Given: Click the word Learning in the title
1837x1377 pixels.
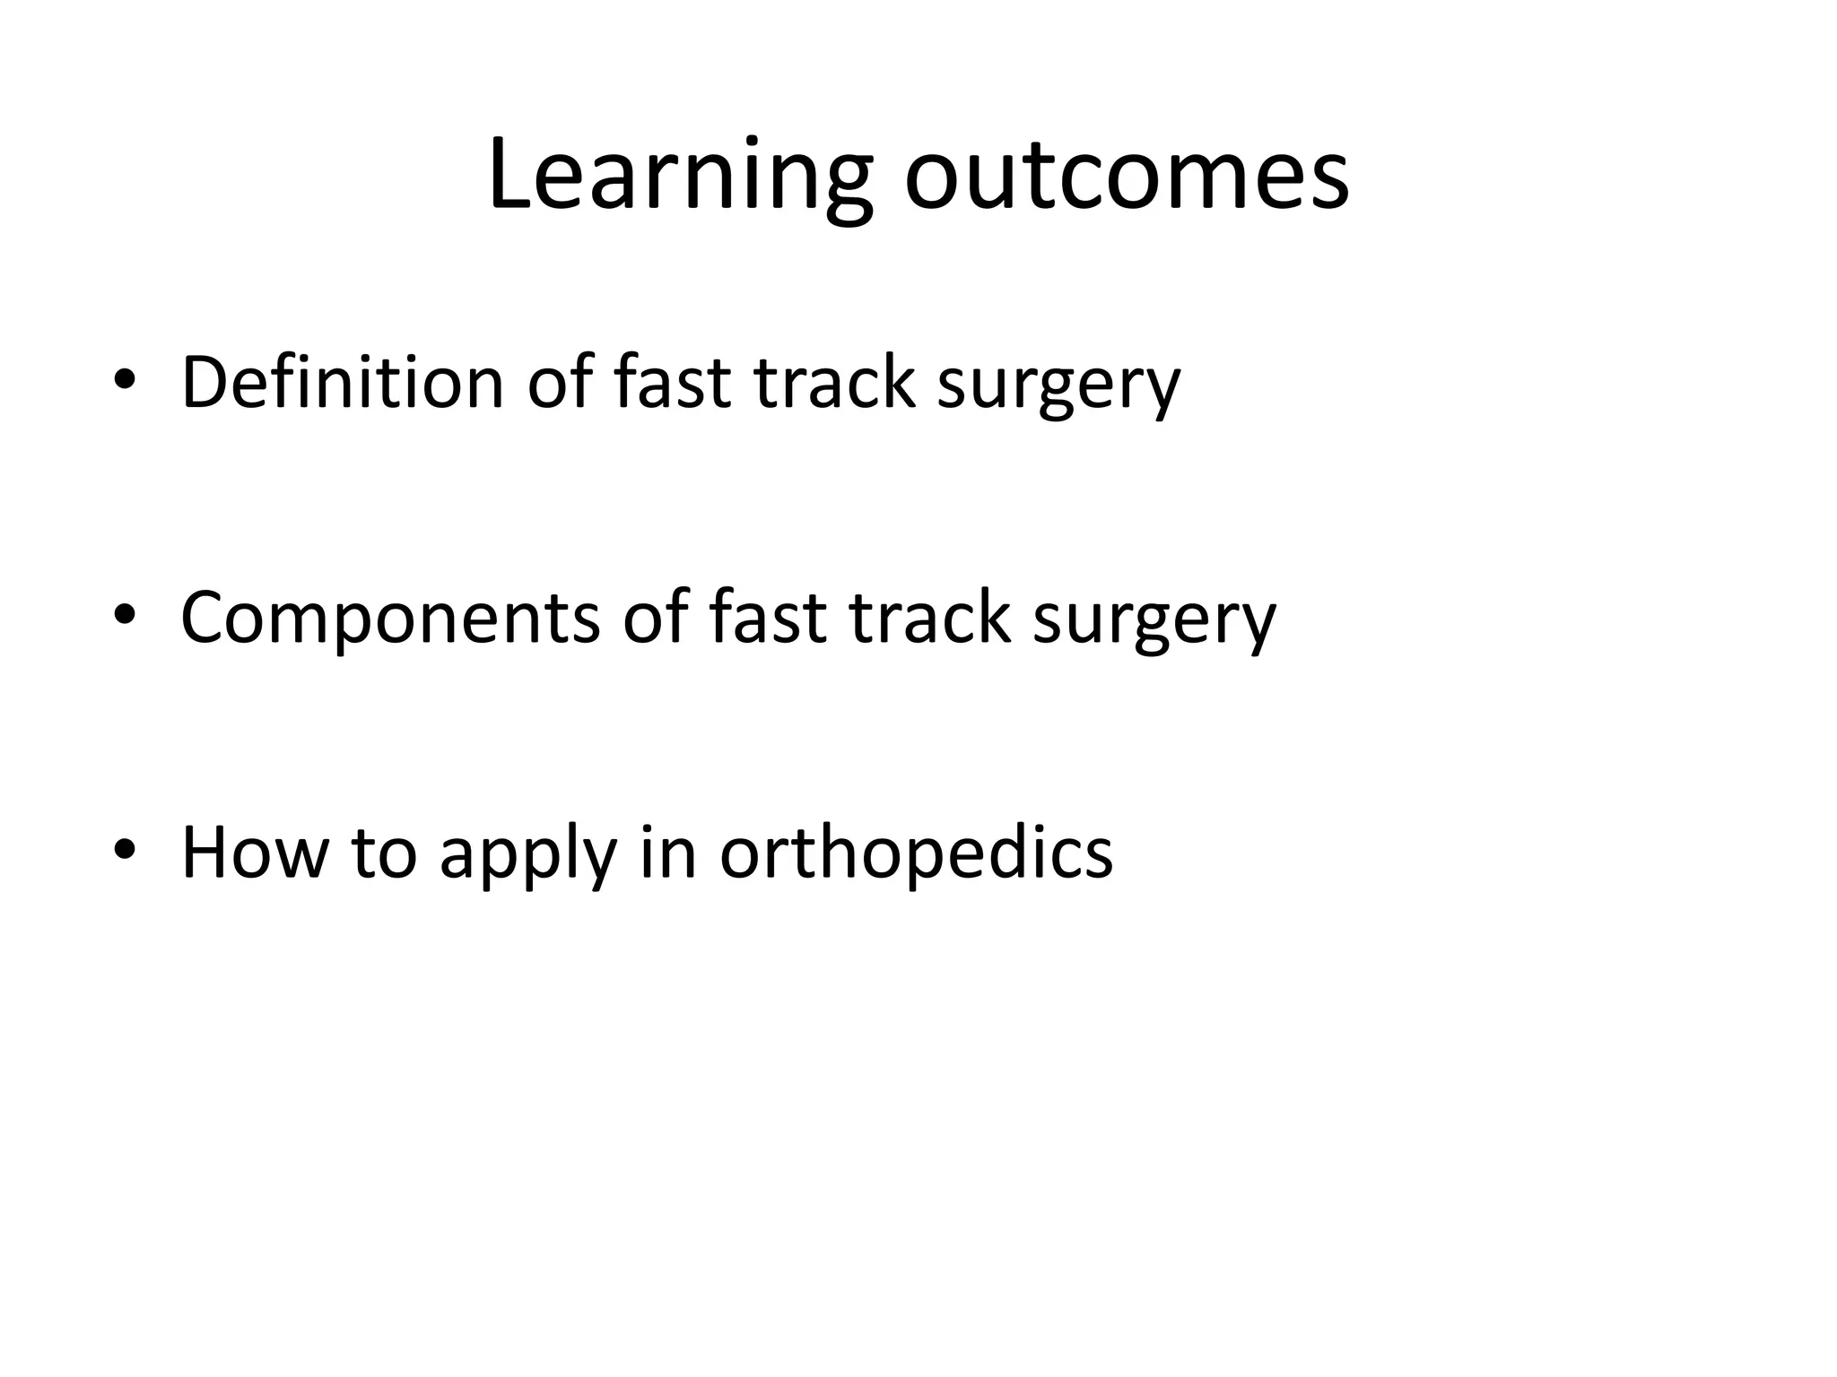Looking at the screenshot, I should (679, 175).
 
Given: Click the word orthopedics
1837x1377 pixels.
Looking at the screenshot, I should (916, 853).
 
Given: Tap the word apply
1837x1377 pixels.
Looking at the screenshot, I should (528, 853).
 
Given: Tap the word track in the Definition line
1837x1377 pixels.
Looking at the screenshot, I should (834, 383).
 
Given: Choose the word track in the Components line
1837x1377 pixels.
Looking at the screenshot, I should (929, 618).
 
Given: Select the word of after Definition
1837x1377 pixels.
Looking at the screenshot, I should (559, 383).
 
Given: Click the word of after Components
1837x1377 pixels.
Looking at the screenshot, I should (655, 618).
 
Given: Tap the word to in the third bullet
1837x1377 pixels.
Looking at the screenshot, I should (384, 853).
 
